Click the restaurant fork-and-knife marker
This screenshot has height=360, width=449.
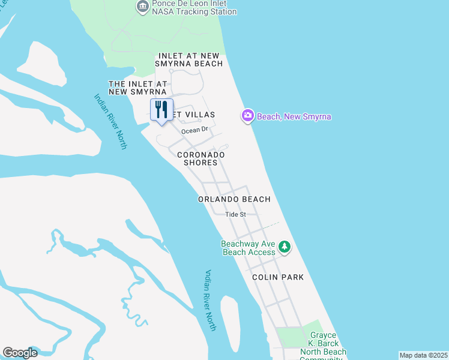(x=161, y=110)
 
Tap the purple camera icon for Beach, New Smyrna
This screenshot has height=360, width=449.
(x=247, y=116)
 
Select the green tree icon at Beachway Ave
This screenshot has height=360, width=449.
(x=285, y=247)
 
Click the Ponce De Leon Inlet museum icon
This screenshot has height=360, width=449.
(x=143, y=7)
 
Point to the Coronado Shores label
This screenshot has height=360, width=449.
(x=201, y=158)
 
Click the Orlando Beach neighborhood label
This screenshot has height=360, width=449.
(x=234, y=199)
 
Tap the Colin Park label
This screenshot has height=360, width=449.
(x=277, y=277)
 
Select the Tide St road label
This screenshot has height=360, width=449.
(x=236, y=214)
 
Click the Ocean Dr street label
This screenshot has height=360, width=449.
(x=194, y=129)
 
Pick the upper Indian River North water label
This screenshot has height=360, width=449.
(x=110, y=121)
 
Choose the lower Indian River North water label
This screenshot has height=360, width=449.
(x=210, y=300)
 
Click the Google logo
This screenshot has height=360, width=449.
(x=20, y=353)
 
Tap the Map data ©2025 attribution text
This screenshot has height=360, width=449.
(x=423, y=355)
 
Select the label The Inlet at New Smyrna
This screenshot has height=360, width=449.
(x=137, y=88)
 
